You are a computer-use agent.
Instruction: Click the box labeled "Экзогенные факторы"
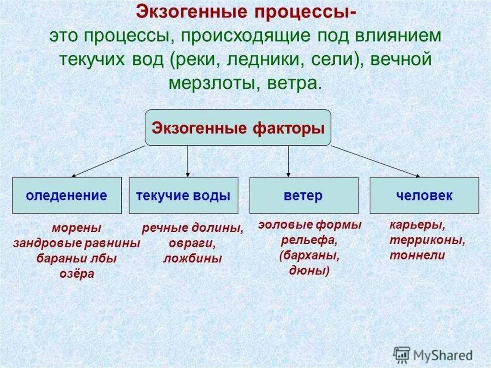point(238,128)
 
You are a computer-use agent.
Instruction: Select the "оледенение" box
point(67,195)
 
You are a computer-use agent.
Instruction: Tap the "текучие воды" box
point(183,195)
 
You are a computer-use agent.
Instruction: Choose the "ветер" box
point(304,195)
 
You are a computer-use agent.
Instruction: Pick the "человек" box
point(424,195)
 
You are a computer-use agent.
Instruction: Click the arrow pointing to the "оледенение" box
point(108,160)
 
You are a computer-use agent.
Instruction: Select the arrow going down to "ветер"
point(288,161)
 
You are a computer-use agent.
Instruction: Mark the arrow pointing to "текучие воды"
point(187,161)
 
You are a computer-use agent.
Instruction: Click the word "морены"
point(77,227)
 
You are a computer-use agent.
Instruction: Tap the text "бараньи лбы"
point(77,259)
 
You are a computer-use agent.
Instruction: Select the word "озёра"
point(77,274)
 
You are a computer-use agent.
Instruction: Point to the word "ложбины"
point(192,259)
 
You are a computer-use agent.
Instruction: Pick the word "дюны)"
point(309,271)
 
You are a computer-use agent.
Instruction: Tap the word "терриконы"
point(427,240)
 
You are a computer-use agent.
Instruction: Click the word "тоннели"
point(417,256)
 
